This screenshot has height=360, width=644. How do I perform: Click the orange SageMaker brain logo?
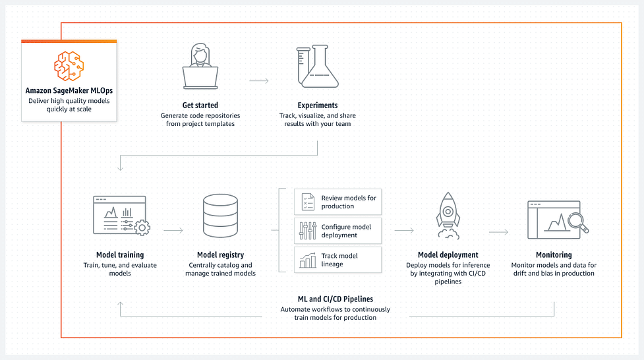pos(69,66)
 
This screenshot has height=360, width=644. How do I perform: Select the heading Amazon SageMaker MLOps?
pos(69,90)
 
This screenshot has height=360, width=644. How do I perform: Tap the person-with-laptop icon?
pos(200,66)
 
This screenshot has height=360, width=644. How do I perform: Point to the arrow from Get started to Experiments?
pos(259,81)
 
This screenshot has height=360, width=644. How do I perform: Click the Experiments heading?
pos(318,105)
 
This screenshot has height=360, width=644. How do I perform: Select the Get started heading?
pos(200,105)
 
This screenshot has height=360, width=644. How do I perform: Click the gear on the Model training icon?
pos(142,227)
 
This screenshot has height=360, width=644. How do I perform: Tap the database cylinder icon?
pos(221,216)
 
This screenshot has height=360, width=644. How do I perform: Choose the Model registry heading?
pos(221,255)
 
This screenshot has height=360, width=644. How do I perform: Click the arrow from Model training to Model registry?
pos(173,231)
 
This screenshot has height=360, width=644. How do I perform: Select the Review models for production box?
pos(337,202)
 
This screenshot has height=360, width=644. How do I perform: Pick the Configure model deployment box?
pos(337,231)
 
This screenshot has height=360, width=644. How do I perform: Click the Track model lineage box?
pos(337,260)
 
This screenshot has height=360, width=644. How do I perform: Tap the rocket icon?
pos(448,216)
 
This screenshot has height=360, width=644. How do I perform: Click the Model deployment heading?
pos(448,255)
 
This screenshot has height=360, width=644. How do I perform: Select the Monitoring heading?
pos(554,255)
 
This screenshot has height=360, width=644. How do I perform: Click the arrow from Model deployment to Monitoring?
pos(498,232)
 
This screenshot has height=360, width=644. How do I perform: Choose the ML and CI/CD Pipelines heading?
pos(335,299)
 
